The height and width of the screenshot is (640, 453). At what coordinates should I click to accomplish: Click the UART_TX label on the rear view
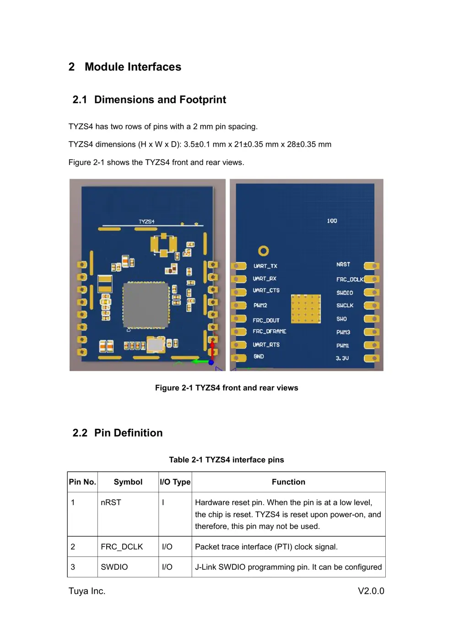pyautogui.click(x=265, y=266)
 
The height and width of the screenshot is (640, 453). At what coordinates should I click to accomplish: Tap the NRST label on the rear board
pyautogui.click(x=343, y=265)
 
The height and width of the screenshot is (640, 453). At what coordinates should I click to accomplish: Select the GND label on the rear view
pyautogui.click(x=259, y=357)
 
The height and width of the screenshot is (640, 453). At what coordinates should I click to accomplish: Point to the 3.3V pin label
pyautogui.click(x=342, y=358)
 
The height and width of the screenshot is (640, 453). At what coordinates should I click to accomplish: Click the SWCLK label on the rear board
pyautogui.click(x=345, y=305)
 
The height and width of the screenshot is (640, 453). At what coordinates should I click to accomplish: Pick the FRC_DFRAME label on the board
pyautogui.click(x=270, y=331)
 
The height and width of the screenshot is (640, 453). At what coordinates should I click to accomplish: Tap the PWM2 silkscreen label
pyautogui.click(x=260, y=305)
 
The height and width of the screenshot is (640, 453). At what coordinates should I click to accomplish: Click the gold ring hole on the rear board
pyautogui.click(x=263, y=251)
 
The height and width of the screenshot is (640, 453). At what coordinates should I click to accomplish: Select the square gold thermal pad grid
pyautogui.click(x=306, y=309)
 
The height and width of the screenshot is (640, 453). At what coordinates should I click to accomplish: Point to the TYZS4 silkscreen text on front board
pyautogui.click(x=146, y=222)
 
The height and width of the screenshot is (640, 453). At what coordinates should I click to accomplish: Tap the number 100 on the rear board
pyautogui.click(x=332, y=221)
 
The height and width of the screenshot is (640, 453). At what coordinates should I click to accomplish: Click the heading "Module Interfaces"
pyautogui.click(x=133, y=67)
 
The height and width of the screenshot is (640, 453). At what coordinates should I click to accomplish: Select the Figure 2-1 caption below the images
pyautogui.click(x=226, y=388)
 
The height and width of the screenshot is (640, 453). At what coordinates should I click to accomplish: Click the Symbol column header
pyautogui.click(x=128, y=482)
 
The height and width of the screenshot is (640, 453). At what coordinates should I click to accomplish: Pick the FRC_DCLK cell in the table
pyautogui.click(x=122, y=547)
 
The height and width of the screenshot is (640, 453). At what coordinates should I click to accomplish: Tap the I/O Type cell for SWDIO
pyautogui.click(x=167, y=567)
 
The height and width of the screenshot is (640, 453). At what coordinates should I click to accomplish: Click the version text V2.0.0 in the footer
pyautogui.click(x=371, y=591)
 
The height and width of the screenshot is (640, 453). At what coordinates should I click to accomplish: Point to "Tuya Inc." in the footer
pyautogui.click(x=87, y=591)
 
